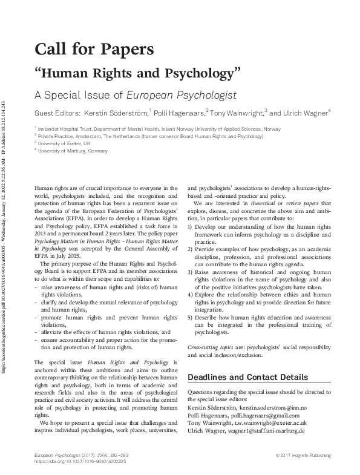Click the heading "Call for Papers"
(x=94, y=48)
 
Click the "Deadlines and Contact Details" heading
(x=247, y=377)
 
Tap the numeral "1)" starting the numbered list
(x=191, y=227)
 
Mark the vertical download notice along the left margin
(x=5, y=236)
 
